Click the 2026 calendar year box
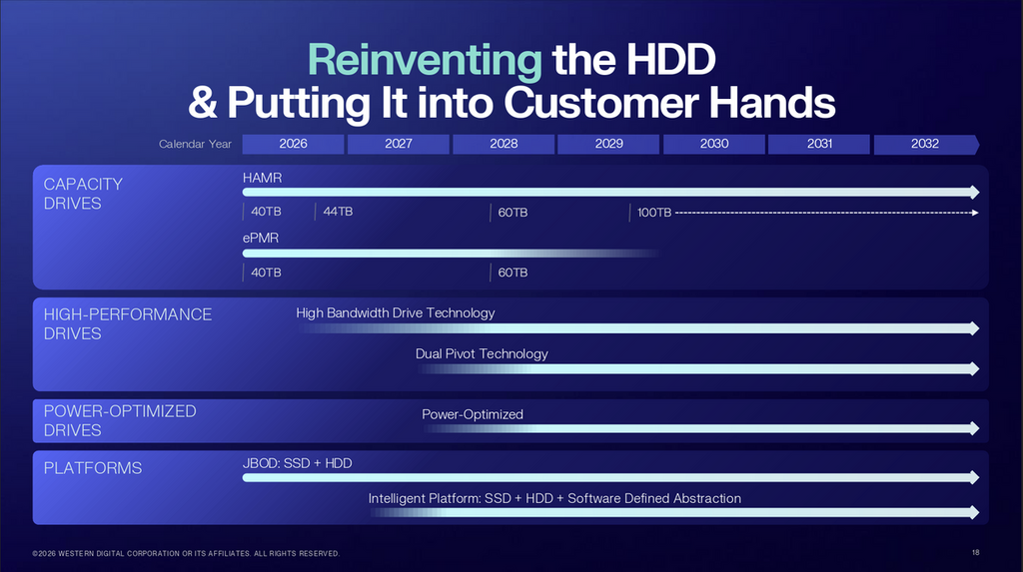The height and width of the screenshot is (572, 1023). [x=293, y=144]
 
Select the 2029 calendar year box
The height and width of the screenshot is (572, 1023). [x=608, y=144]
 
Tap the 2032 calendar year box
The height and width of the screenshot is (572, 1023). [x=926, y=144]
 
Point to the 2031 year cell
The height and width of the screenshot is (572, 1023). [x=819, y=144]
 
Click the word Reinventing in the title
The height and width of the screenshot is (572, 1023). [x=424, y=60]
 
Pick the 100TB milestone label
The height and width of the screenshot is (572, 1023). [x=653, y=213]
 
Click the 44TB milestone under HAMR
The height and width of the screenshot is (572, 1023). [x=338, y=212]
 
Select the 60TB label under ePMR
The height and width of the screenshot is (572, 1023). [x=512, y=273]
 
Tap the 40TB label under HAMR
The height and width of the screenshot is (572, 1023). [x=266, y=212]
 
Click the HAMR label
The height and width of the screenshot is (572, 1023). [x=263, y=178]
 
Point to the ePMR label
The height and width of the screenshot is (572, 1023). [x=261, y=238]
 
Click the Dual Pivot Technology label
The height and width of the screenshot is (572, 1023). [x=482, y=353]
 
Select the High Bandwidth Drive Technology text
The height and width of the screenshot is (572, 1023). [x=396, y=313]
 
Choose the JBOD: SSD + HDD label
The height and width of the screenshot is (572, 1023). [x=297, y=463]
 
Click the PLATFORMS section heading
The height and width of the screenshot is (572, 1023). [x=93, y=468]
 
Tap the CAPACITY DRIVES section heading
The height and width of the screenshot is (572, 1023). [x=83, y=194]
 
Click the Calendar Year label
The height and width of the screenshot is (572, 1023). [x=195, y=144]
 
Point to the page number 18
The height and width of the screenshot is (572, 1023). [x=975, y=552]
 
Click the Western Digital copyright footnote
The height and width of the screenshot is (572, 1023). [x=186, y=554]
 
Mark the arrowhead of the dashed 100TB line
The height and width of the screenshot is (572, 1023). [x=975, y=213]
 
